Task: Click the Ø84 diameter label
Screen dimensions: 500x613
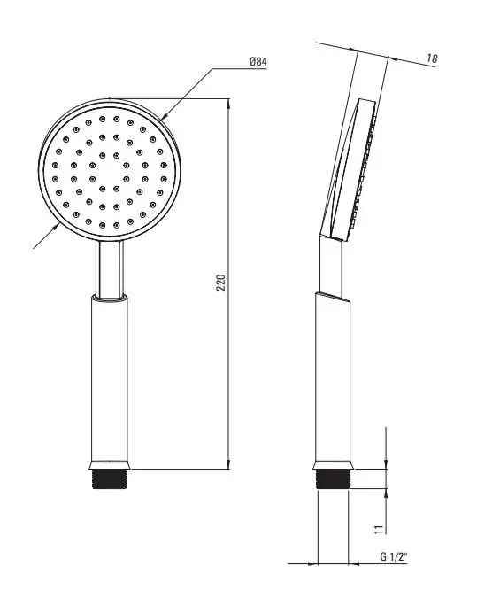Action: point(258,62)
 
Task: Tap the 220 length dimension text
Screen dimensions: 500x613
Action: point(221,283)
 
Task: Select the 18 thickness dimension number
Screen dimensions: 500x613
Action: point(432,58)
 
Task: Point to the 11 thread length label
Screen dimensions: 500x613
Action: point(378,530)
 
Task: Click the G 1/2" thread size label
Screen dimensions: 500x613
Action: point(394,556)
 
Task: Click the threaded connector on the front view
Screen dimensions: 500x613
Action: point(110,479)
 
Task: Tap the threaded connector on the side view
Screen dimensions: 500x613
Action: point(334,479)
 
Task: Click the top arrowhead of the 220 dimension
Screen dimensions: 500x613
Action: point(228,104)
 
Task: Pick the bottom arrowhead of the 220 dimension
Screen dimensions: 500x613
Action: point(228,464)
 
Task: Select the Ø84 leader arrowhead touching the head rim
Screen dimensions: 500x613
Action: point(164,116)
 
